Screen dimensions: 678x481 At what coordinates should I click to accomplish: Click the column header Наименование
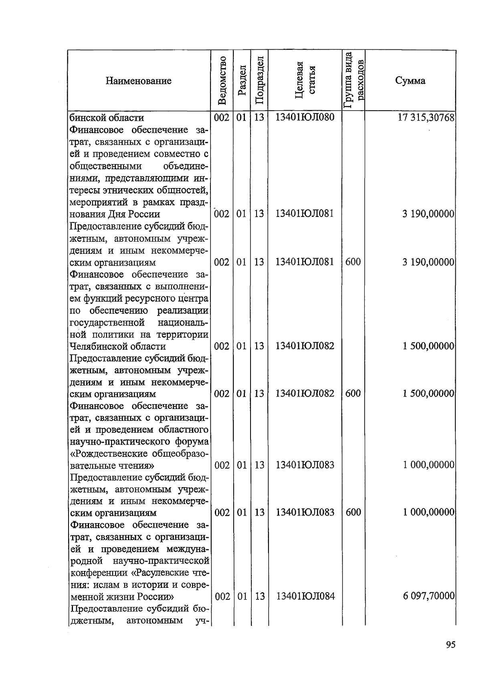(138, 81)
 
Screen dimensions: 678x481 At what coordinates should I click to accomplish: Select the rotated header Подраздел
(259, 81)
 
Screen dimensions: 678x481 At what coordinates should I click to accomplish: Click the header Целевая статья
(305, 81)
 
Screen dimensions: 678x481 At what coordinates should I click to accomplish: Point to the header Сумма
(410, 81)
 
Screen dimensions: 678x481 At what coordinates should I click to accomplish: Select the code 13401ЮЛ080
(305, 117)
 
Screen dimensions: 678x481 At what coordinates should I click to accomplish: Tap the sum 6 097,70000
(428, 596)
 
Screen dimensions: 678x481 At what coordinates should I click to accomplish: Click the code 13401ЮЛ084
(305, 596)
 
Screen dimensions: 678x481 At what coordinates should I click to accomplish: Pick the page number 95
(450, 645)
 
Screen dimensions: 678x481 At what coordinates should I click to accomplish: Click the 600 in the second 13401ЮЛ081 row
(353, 262)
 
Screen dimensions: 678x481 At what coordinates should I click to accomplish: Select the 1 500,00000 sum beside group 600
(428, 393)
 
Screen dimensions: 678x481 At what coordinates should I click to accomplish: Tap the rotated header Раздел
(241, 81)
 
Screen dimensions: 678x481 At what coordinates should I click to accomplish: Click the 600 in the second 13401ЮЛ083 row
(353, 512)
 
